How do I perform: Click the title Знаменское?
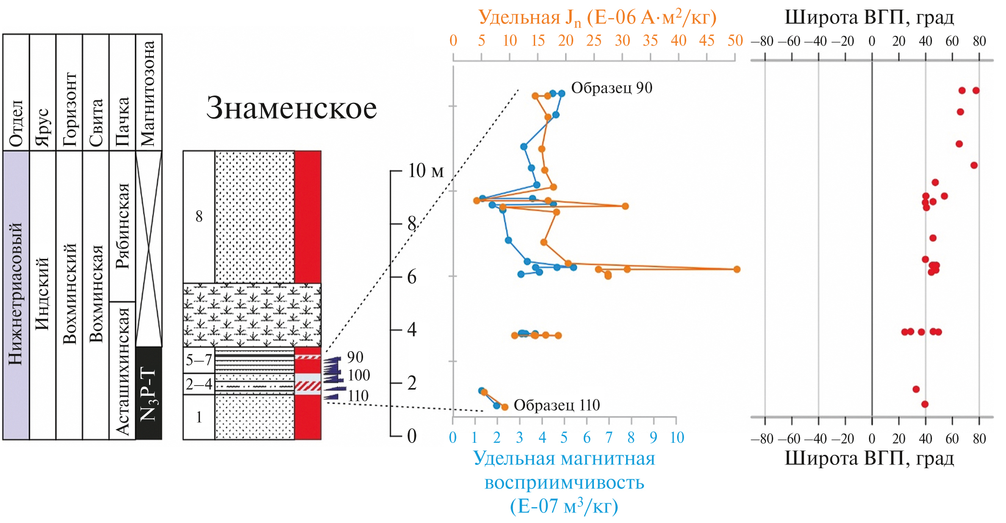pyautogui.click(x=291, y=108)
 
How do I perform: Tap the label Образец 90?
pyautogui.click(x=611, y=88)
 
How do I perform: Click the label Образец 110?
pyautogui.click(x=556, y=405)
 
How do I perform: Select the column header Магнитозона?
pyautogui.click(x=148, y=93)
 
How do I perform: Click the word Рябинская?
pyautogui.click(x=123, y=226)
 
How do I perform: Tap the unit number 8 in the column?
pyautogui.click(x=199, y=217)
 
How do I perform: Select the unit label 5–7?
pyautogui.click(x=199, y=360)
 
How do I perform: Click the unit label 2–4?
pyautogui.click(x=199, y=384)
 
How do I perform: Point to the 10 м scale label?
pyautogui.click(x=426, y=171)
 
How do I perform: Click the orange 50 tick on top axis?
pyautogui.click(x=735, y=41)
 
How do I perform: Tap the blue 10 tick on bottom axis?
pyautogui.click(x=677, y=438)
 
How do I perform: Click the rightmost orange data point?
pyautogui.click(x=737, y=269)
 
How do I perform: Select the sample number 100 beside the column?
pyautogui.click(x=359, y=375)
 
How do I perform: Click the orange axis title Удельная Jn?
pyautogui.click(x=597, y=18)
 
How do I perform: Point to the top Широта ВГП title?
pyautogui.click(x=869, y=17)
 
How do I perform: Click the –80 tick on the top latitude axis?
pyautogui.click(x=763, y=41)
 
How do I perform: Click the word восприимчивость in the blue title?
pyautogui.click(x=564, y=482)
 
